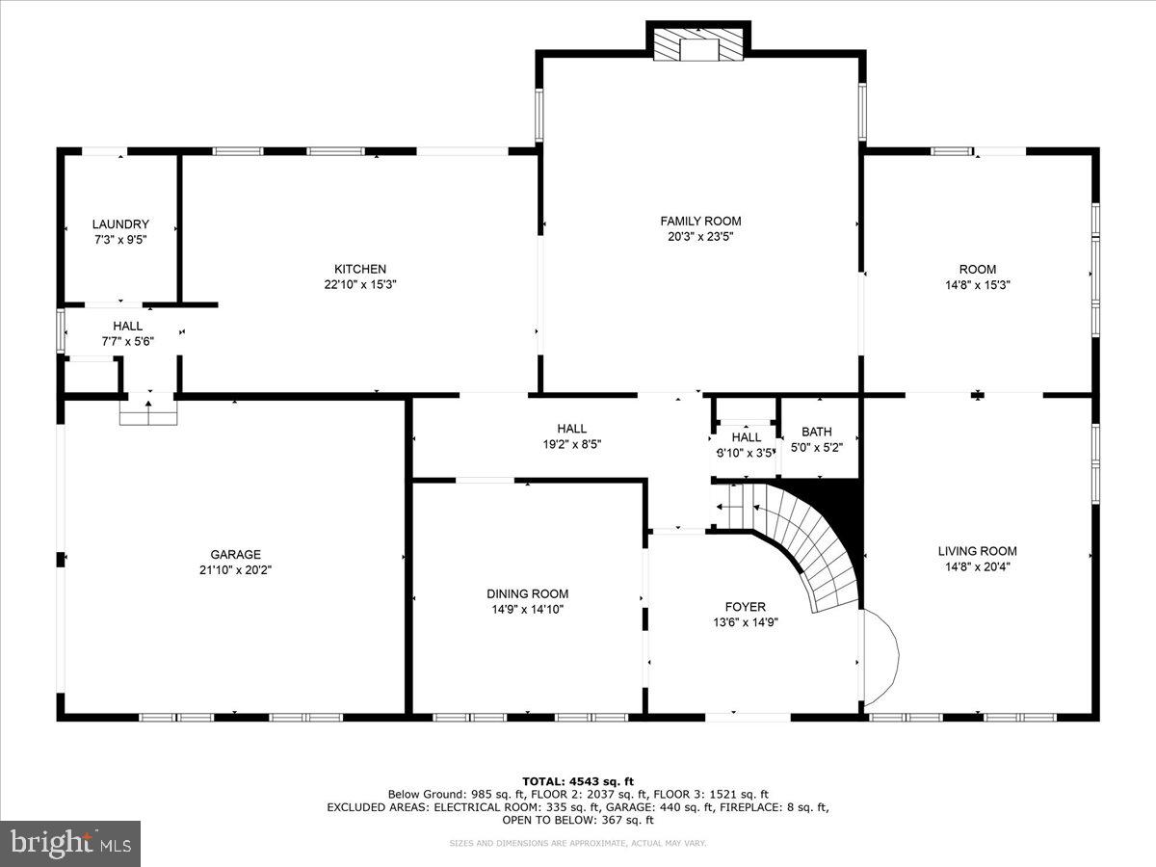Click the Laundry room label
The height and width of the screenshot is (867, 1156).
[120, 224]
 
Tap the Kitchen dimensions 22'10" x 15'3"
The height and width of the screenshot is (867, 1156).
[360, 284]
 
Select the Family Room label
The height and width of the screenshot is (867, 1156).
[700, 221]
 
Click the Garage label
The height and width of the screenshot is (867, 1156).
[236, 554]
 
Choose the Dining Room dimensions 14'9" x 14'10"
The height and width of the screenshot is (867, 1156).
[527, 609]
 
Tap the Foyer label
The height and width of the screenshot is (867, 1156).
[745, 607]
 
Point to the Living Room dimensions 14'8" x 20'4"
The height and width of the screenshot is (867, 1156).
[977, 566]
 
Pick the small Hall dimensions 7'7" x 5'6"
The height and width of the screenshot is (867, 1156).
[128, 341]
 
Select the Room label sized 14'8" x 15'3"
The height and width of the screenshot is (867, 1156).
[977, 270]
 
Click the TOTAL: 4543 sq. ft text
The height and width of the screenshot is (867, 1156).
[578, 781]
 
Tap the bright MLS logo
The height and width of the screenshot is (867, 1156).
[70, 843]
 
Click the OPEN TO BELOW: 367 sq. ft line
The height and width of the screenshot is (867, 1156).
[578, 821]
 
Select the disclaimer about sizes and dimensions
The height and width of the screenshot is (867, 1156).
[578, 844]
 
